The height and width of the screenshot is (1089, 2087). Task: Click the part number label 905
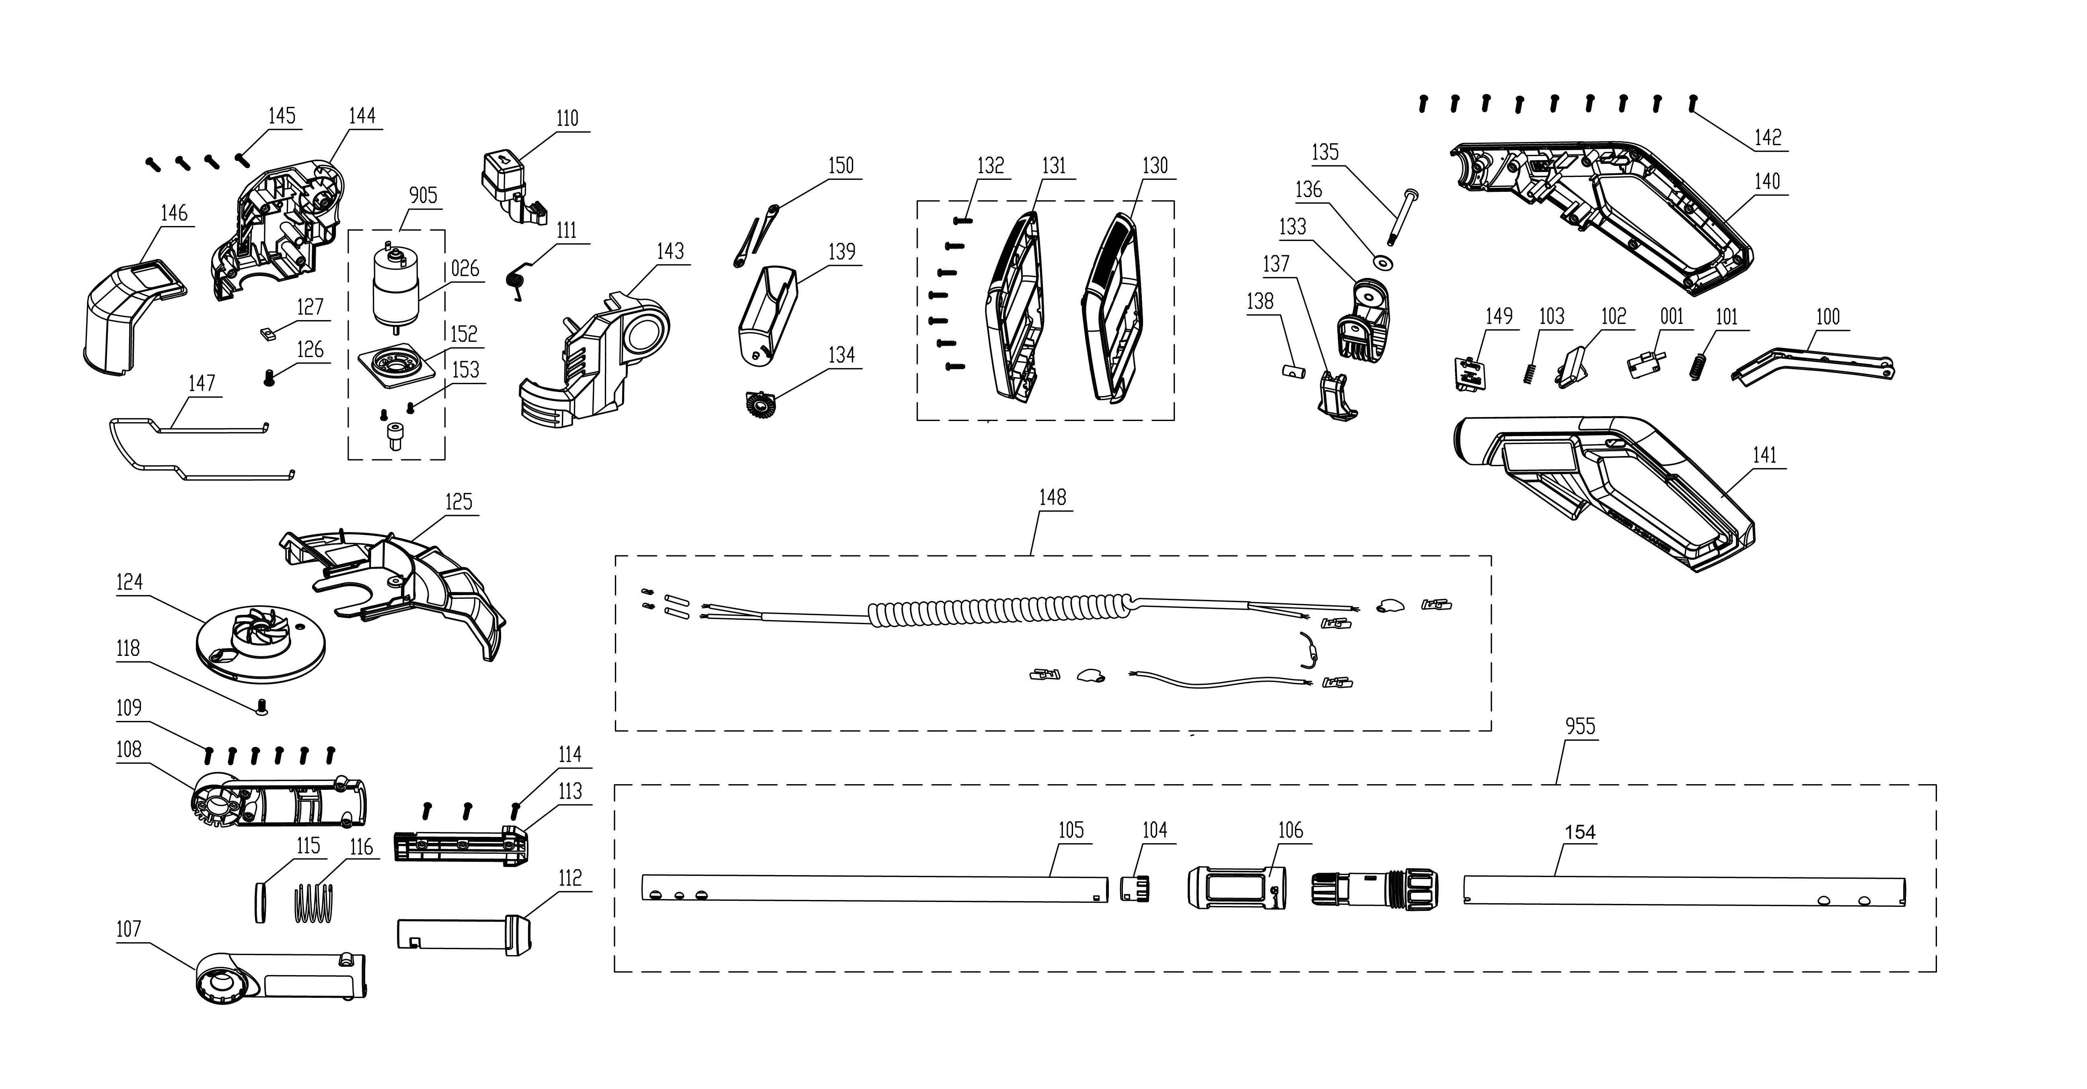point(423,195)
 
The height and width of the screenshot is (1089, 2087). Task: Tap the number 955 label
point(1580,726)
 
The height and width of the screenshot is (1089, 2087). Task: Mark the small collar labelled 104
point(1135,888)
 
